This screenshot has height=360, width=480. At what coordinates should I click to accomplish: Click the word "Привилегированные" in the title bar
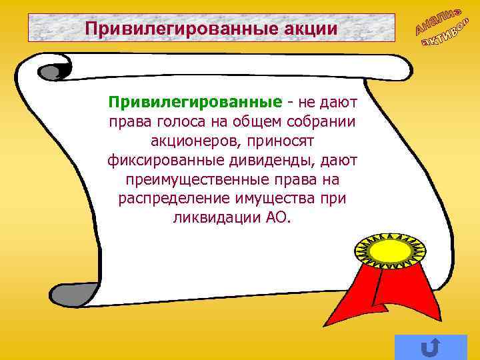click(175, 29)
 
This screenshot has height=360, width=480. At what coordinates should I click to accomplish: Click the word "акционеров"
click(191, 142)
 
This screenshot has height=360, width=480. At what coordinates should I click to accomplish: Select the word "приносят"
click(282, 142)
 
